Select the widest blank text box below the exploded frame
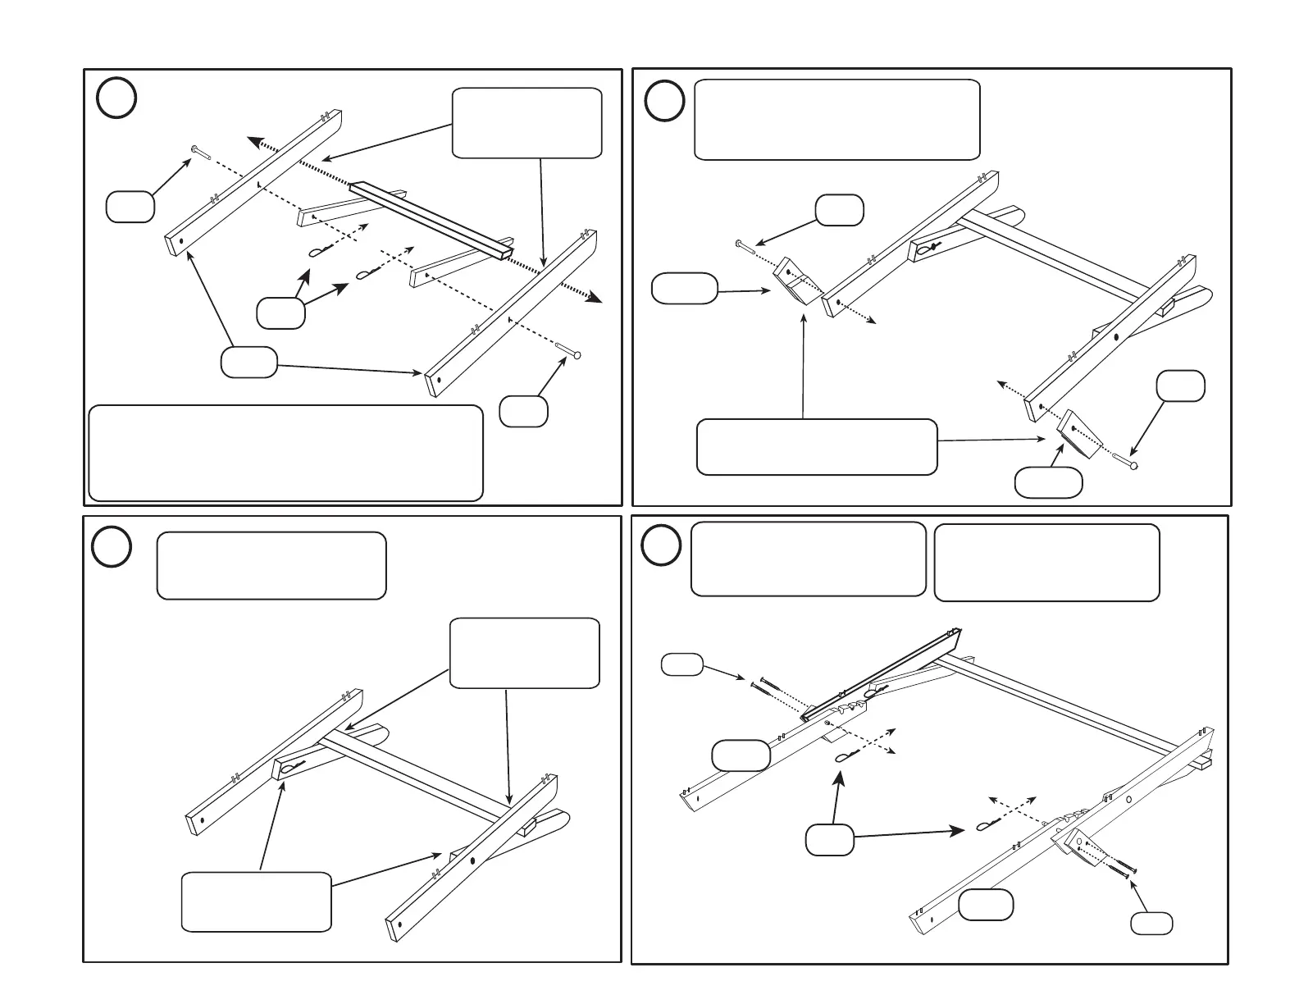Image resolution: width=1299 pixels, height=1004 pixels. [285, 452]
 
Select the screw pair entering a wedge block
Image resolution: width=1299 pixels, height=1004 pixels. [1116, 868]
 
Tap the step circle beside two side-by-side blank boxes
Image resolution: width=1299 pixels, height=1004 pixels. [660, 545]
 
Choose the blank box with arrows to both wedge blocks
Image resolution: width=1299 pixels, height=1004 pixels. [817, 447]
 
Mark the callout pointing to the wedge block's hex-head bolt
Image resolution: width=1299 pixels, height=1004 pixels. [839, 210]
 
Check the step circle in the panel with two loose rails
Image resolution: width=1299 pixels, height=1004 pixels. [116, 98]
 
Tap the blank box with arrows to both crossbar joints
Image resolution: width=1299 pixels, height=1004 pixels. [525, 652]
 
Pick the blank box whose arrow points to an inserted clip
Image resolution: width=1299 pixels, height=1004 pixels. [256, 901]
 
